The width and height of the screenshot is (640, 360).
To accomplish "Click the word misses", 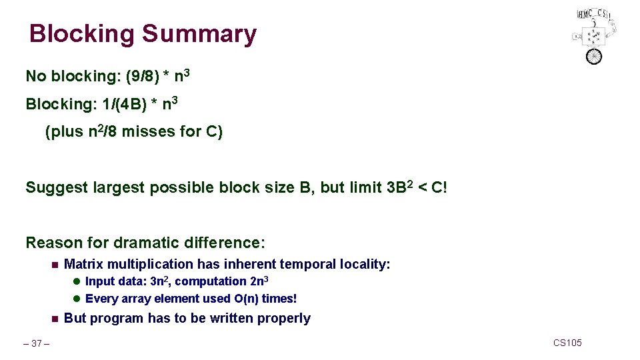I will tap(150, 132).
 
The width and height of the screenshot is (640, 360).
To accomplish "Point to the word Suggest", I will tap(57, 188).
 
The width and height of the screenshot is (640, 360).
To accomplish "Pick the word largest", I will tap(121, 188).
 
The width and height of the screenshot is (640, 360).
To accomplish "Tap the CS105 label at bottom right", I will tap(567, 343).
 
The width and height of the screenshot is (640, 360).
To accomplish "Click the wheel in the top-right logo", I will tap(593, 56).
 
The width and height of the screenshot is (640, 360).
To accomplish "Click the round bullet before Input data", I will tap(77, 282).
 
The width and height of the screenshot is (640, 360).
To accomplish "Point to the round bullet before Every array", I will tap(77, 299).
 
